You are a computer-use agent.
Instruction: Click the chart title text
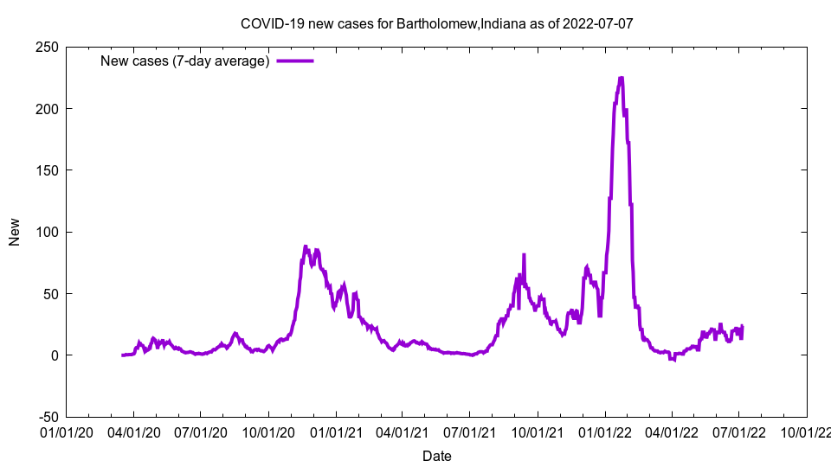[436, 23]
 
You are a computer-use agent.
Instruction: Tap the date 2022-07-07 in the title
[597, 23]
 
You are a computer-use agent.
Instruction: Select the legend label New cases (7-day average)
[184, 61]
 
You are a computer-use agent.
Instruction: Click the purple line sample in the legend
[295, 61]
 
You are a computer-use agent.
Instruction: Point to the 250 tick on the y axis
[47, 47]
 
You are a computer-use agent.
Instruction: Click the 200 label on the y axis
[47, 109]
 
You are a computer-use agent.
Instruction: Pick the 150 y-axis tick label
[47, 170]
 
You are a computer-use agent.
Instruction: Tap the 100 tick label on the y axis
[47, 232]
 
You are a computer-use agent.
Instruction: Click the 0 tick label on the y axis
[54, 355]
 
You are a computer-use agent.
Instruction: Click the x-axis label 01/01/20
[66, 431]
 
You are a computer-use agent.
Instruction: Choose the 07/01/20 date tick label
[200, 431]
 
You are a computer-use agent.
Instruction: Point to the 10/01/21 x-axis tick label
[537, 431]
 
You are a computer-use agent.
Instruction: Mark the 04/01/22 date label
[672, 431]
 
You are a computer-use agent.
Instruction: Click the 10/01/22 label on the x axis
[807, 431]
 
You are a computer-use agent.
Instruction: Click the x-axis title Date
[436, 456]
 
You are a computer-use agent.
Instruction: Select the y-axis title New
[15, 232]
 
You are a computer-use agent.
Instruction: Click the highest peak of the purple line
[621, 79]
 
